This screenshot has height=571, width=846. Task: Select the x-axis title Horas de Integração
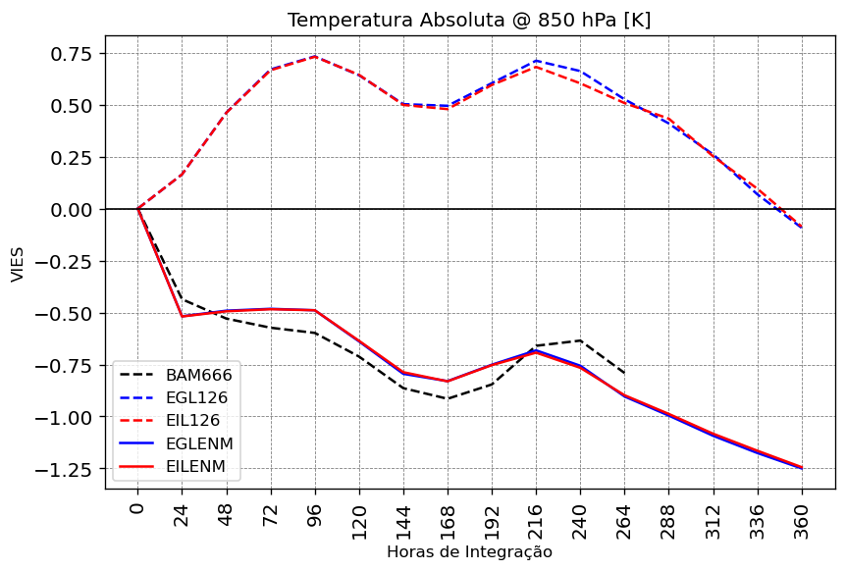tap(469, 552)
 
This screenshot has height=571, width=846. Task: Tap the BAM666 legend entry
tap(196, 375)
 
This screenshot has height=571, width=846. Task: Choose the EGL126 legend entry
tap(196, 397)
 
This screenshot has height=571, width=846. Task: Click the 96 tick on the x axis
tap(315, 516)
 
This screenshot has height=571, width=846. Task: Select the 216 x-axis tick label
tap(536, 519)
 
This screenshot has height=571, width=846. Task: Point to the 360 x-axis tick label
tap(802, 519)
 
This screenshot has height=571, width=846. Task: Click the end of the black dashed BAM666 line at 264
tap(624, 373)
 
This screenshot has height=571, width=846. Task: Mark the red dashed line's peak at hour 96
tap(315, 57)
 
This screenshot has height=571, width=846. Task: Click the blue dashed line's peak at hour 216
tap(536, 61)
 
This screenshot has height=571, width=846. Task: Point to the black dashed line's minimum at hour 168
tap(448, 398)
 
